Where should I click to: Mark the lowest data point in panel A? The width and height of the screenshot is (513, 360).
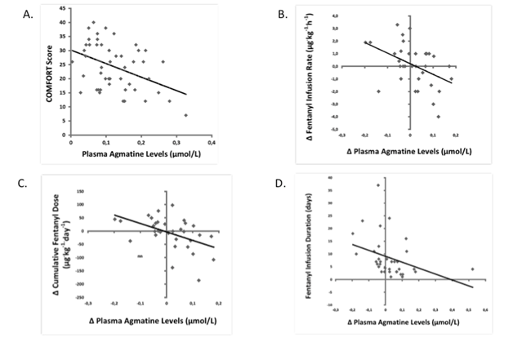point(186,115)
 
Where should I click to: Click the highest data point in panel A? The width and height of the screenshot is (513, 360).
point(94,22)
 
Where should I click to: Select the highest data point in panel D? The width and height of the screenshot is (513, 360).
point(378,184)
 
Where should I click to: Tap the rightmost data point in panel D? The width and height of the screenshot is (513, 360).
point(472,269)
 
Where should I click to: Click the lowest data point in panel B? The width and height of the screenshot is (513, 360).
point(439,117)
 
